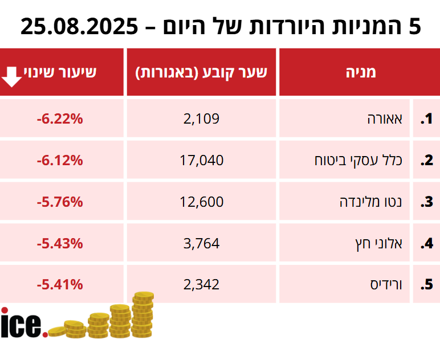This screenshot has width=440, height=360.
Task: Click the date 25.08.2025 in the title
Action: [x=79, y=26]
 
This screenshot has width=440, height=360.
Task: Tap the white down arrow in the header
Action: [x=13, y=76]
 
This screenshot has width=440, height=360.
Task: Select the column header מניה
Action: [x=361, y=72]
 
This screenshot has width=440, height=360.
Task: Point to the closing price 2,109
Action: [x=201, y=118]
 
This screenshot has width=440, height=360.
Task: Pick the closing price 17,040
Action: [x=201, y=160]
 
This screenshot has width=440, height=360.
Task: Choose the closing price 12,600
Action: [x=201, y=202]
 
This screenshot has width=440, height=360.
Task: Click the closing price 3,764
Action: [x=201, y=243]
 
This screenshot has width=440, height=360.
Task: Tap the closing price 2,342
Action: [x=201, y=284]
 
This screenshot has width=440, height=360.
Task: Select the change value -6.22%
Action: [x=60, y=118]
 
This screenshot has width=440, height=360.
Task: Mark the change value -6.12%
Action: [x=60, y=160]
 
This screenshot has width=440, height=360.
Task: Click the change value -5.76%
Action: [x=60, y=202]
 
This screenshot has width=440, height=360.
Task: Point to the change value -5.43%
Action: [x=60, y=243]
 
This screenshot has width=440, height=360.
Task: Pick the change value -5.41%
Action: [x=60, y=284]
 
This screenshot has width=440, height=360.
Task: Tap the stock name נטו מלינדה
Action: [x=371, y=202]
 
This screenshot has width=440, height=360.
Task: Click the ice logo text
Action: [x=23, y=324]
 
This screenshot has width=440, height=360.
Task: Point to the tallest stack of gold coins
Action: [x=142, y=316]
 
